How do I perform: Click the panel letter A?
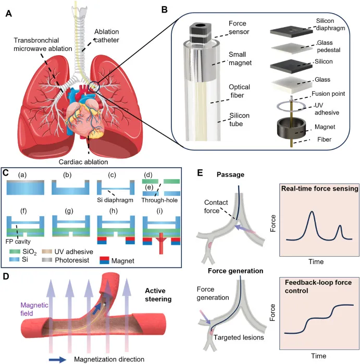[x=9, y=13]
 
